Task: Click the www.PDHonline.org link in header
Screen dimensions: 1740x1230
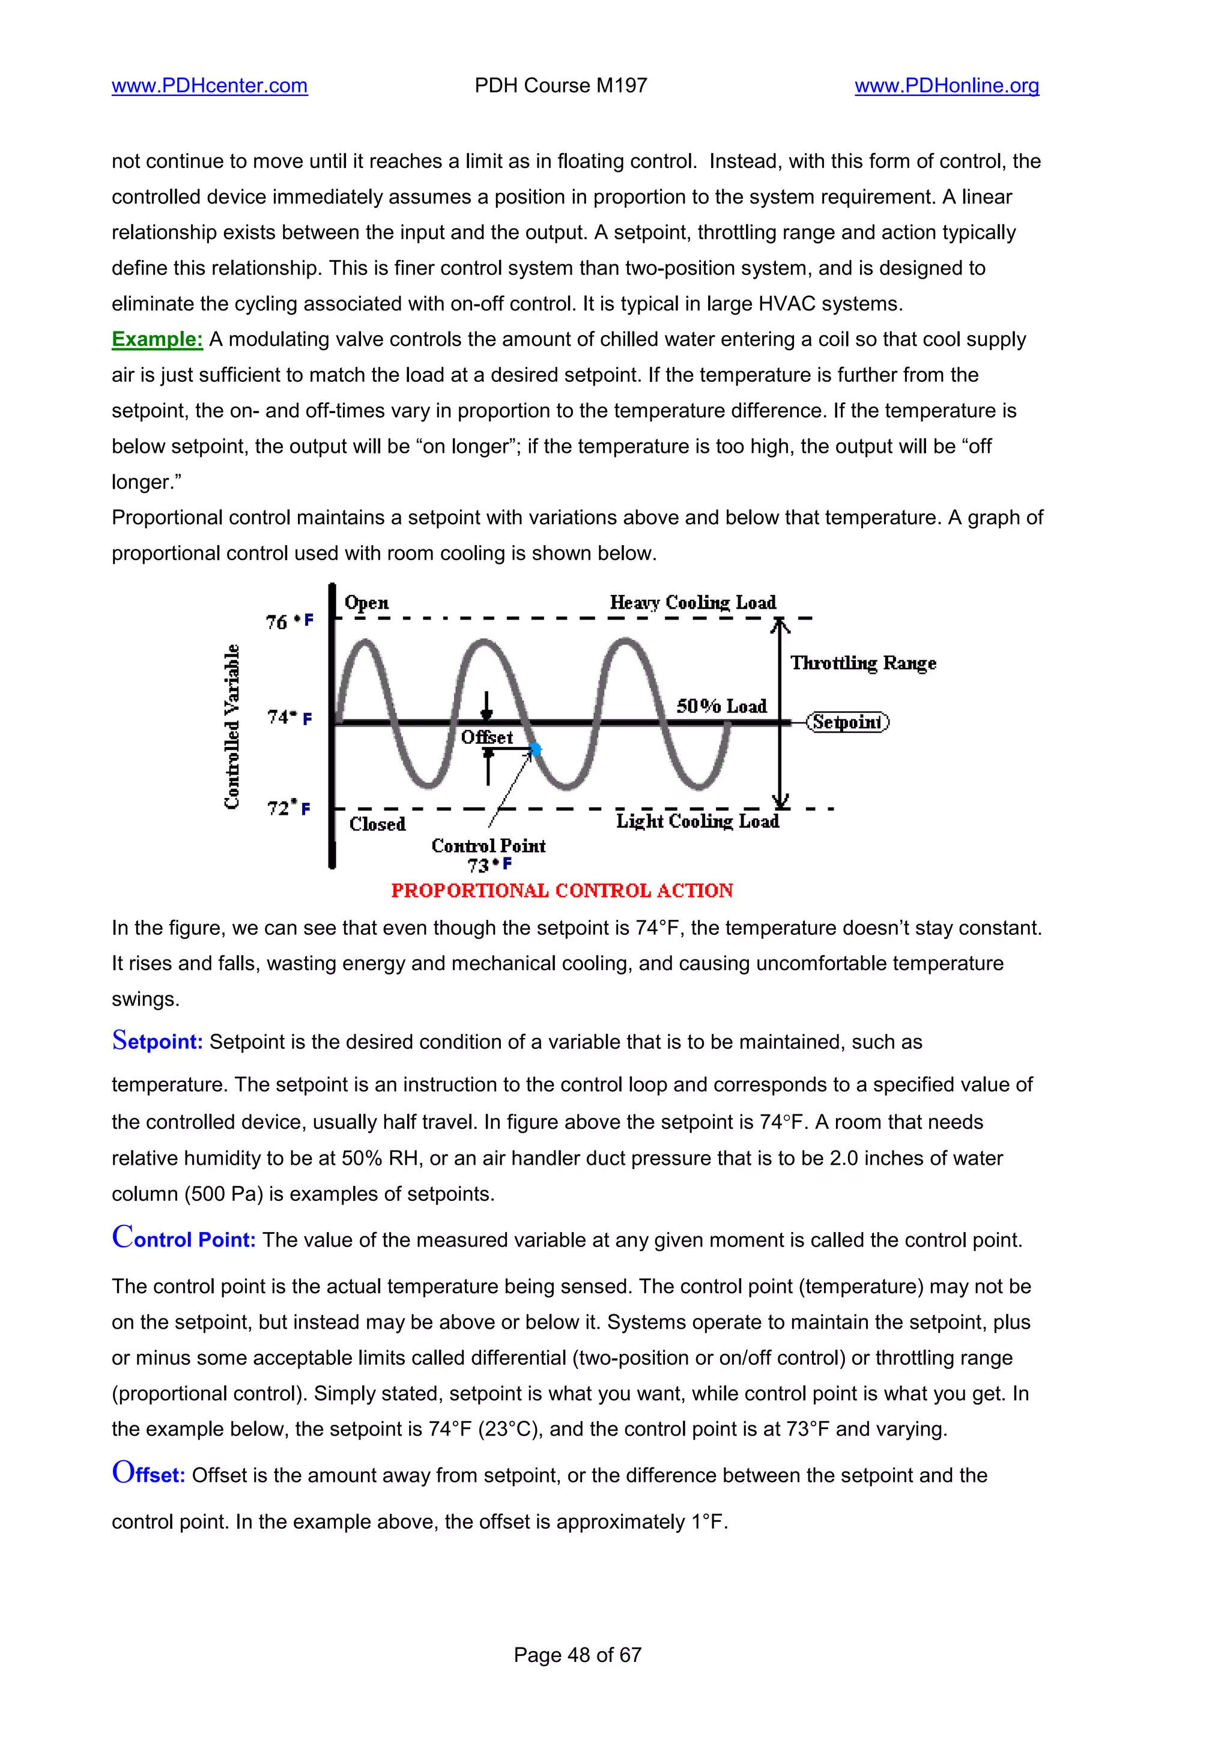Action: click(947, 86)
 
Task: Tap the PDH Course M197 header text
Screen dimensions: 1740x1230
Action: click(561, 86)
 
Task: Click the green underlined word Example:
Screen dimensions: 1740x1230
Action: click(157, 339)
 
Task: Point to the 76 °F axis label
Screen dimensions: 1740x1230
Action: click(289, 621)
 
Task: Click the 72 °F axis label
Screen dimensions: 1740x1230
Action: click(288, 808)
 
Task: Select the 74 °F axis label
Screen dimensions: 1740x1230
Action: click(289, 717)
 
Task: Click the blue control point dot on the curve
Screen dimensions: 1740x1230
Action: click(536, 749)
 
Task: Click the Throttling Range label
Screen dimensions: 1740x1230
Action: click(863, 663)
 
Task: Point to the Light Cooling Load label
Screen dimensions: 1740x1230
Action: click(697, 821)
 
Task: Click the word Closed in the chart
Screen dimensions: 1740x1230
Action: click(377, 824)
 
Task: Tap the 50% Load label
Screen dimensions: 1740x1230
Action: click(721, 706)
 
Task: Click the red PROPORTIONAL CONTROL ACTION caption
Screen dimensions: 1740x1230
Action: click(562, 890)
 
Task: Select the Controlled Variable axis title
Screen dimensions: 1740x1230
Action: click(232, 726)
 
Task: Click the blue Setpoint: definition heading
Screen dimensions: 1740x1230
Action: click(157, 1041)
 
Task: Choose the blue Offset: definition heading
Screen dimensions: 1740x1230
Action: click(148, 1474)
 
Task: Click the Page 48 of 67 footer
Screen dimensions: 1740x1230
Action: click(578, 1654)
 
